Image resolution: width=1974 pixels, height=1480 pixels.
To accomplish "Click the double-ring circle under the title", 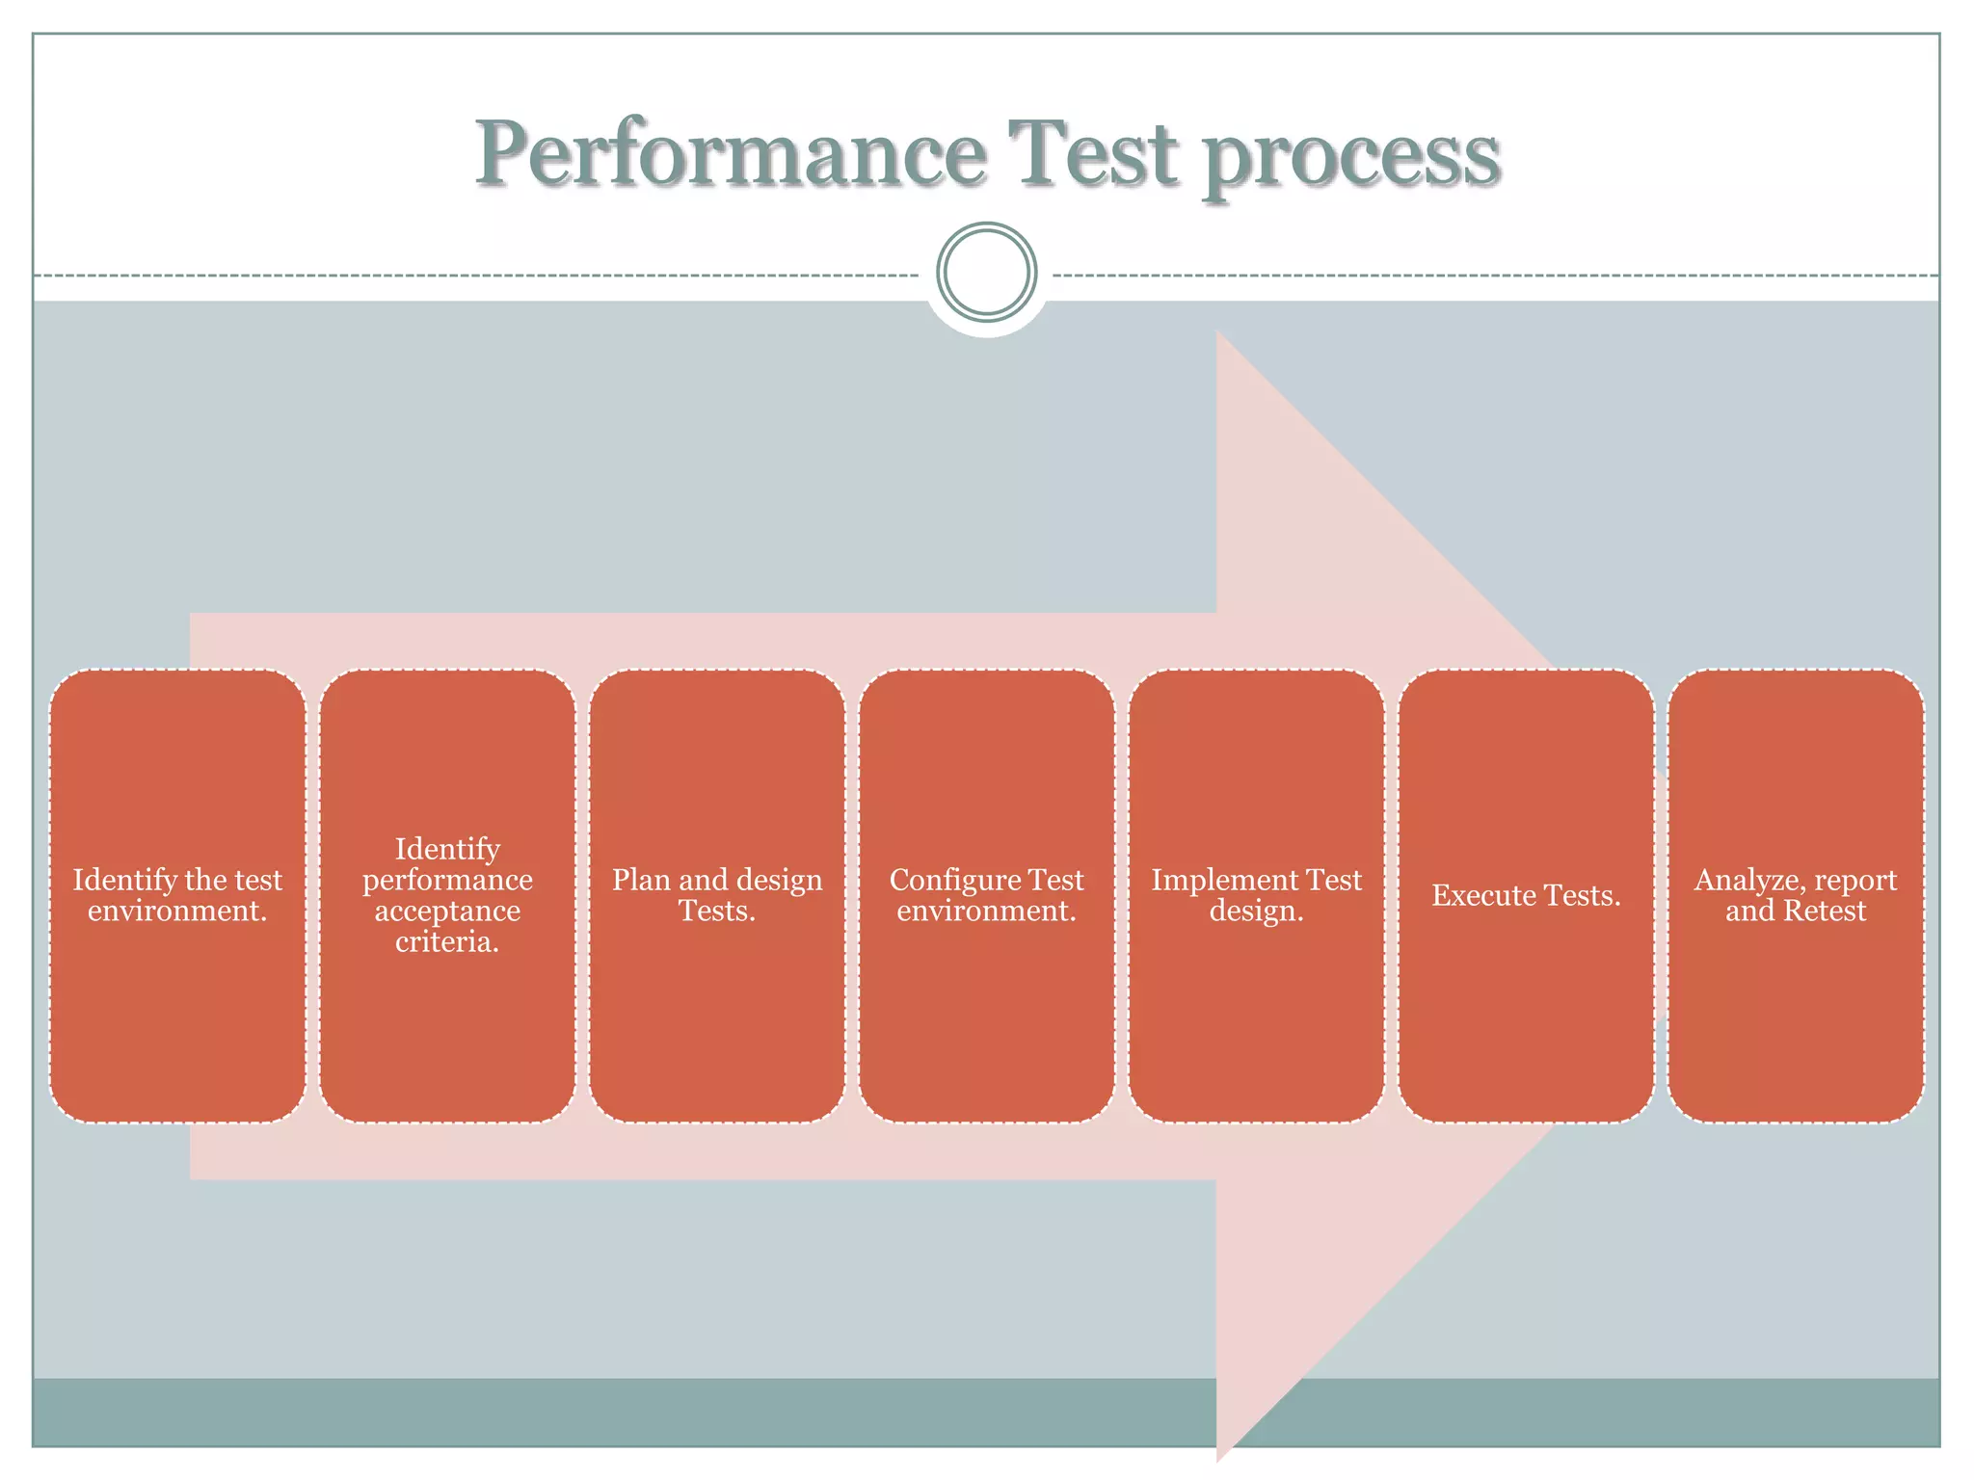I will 986,272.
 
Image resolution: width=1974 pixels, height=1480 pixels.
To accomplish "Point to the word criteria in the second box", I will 447,941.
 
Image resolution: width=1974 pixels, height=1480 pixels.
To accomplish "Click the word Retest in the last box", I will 1825,911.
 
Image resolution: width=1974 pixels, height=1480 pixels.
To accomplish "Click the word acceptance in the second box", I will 447,912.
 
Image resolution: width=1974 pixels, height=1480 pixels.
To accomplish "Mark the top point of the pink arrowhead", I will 1218,332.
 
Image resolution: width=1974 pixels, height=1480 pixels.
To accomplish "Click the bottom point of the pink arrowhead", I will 1218,1459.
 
